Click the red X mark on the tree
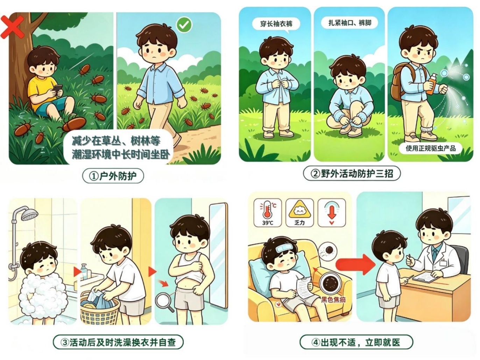pos(12,27)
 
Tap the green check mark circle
pos(184,25)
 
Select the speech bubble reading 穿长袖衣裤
pos(276,24)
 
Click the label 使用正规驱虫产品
pos(431,148)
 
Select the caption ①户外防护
pos(113,176)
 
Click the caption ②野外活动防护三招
pos(352,174)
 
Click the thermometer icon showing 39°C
pos(268,212)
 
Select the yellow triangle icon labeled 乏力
pos(299,212)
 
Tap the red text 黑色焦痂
pos(333,299)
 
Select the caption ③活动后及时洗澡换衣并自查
pos(118,342)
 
